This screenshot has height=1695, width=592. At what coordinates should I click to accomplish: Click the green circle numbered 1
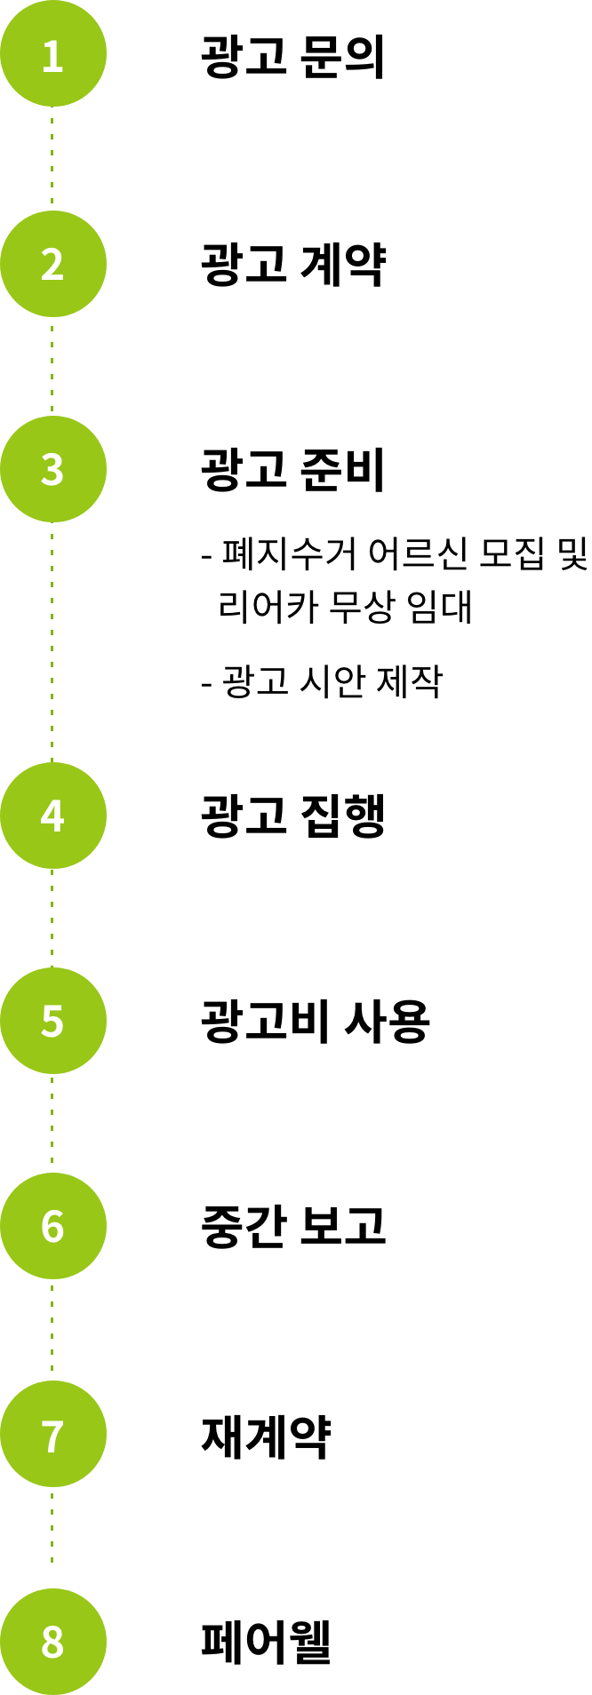(x=52, y=53)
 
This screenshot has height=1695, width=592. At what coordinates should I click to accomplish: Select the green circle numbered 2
(x=52, y=264)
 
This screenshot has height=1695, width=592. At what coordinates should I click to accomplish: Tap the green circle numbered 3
(x=52, y=469)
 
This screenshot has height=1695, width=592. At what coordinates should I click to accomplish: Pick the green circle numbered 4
(x=52, y=816)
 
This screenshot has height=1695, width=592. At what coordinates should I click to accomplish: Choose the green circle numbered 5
(x=52, y=1021)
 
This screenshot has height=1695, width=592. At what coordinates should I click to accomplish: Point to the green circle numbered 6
(x=52, y=1226)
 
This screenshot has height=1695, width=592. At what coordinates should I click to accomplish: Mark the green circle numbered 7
(x=52, y=1434)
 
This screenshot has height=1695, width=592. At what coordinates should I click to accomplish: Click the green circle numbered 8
(x=52, y=1641)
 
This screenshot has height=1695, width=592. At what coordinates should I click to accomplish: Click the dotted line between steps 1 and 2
(x=52, y=158)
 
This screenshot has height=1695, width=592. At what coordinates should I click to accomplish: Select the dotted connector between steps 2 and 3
(x=52, y=366)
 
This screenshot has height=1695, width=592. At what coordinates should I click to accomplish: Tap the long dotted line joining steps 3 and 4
(x=52, y=641)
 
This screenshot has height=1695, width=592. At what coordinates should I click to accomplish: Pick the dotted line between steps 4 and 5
(x=52, y=918)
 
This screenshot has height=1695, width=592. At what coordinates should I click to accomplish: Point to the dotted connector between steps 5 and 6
(x=52, y=1123)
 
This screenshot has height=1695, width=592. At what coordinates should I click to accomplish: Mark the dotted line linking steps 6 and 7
(x=52, y=1329)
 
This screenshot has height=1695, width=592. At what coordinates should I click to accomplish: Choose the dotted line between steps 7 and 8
(x=52, y=1537)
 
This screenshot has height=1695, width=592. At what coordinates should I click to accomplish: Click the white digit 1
(x=52, y=56)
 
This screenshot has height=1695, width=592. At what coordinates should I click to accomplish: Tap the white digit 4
(x=52, y=816)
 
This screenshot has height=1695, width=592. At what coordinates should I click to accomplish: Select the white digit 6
(x=52, y=1227)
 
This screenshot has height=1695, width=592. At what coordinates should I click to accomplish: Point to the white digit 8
(x=52, y=1643)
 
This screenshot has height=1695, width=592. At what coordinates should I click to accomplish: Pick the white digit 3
(x=52, y=470)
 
